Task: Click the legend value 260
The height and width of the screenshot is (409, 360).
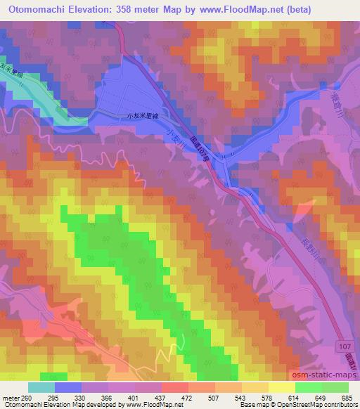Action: point(23,399)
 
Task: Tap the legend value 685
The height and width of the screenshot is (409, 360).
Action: point(346,399)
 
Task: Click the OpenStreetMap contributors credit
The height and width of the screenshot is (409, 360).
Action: point(309,405)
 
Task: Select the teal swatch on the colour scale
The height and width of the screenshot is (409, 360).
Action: point(41,388)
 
